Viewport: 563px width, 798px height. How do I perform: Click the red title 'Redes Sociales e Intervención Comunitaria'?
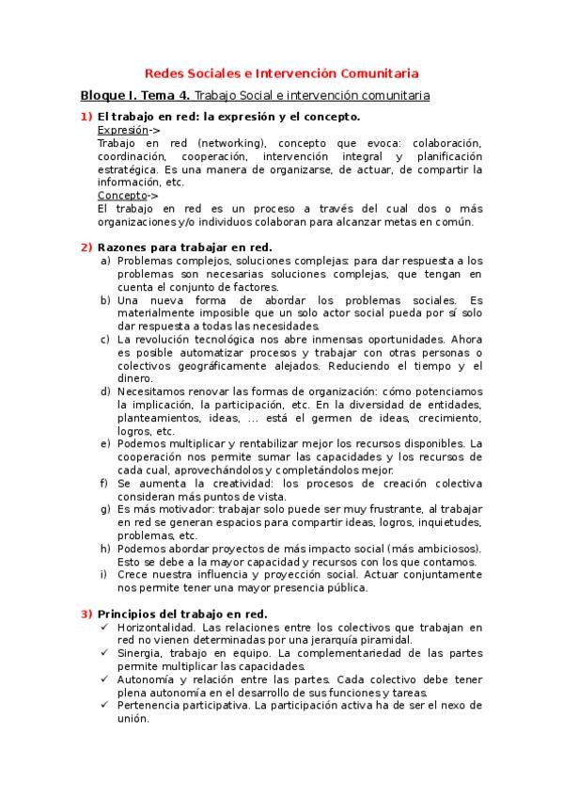281,72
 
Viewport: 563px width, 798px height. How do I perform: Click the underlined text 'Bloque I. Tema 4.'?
135,95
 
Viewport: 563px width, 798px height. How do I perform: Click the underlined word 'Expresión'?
123,129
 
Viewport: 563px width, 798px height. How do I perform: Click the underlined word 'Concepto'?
122,195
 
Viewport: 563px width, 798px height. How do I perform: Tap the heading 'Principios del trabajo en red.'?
182,614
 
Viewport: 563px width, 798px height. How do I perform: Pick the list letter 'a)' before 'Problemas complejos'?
106,261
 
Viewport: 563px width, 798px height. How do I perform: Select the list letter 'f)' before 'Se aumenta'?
106,483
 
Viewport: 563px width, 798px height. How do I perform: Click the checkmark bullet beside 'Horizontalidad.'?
106,627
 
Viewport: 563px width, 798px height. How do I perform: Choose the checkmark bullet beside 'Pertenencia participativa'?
106,705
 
